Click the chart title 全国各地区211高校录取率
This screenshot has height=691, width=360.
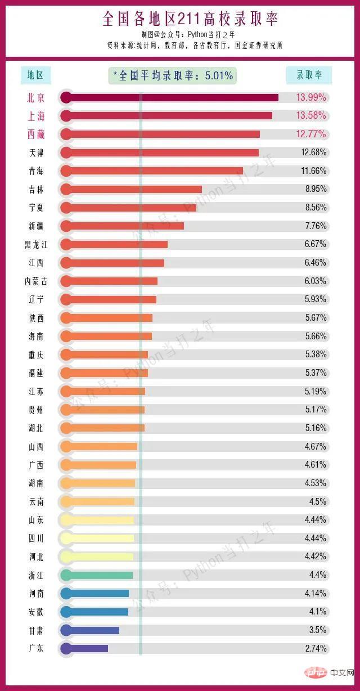(x=190, y=19)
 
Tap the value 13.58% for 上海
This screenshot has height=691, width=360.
(x=311, y=116)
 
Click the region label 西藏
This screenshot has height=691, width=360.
(x=35, y=134)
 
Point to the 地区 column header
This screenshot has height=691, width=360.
(x=35, y=75)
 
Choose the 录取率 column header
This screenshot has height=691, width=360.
(x=309, y=75)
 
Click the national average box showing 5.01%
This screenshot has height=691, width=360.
(x=173, y=75)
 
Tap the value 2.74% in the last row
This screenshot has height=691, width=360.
(x=316, y=648)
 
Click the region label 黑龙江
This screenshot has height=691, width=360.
(x=36, y=244)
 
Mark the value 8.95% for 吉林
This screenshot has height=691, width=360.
(x=316, y=189)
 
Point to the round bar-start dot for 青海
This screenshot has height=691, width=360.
(x=66, y=170)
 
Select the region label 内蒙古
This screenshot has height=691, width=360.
(x=36, y=281)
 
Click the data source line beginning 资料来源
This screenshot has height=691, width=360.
(x=194, y=45)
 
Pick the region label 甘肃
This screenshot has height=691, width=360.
(x=36, y=630)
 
